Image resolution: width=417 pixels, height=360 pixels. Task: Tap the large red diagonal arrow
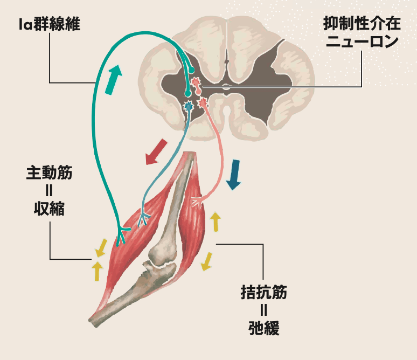pyautogui.click(x=157, y=152)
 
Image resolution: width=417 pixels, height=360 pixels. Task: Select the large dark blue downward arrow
pyautogui.click(x=234, y=174)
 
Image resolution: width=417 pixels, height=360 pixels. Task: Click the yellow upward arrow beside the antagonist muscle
pyautogui.click(x=216, y=221)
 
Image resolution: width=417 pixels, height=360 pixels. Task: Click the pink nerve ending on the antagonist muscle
pyautogui.click(x=197, y=200)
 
